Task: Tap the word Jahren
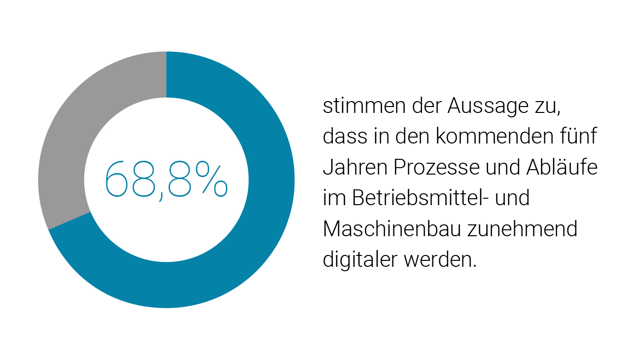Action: [355, 168]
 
